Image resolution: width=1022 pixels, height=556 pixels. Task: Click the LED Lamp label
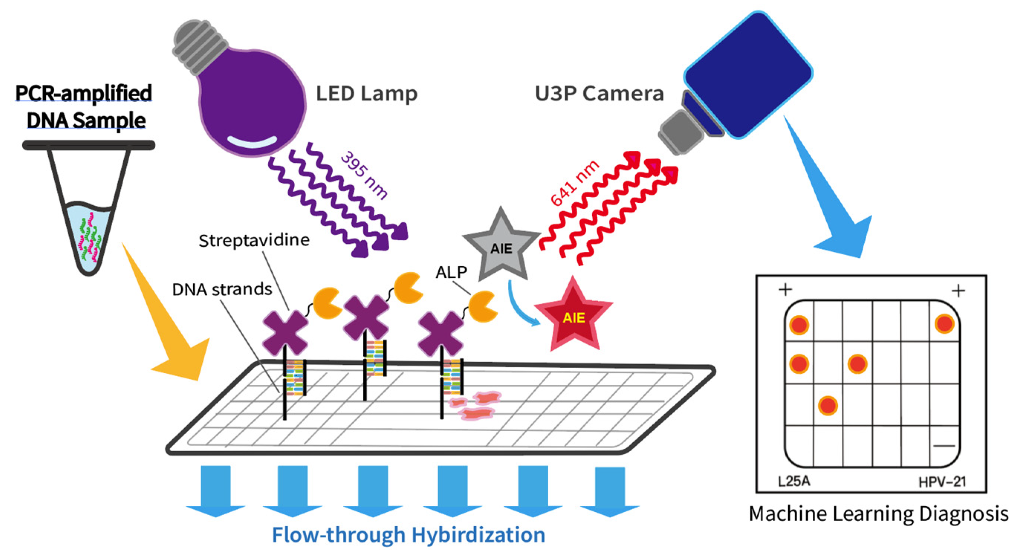pos(366,94)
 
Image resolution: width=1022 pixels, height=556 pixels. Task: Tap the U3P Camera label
pos(599,94)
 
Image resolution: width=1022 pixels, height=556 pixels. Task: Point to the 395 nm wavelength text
pos(363,175)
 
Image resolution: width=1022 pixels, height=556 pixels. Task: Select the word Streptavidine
pos(254,240)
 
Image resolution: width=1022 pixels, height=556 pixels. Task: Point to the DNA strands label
pos(222,289)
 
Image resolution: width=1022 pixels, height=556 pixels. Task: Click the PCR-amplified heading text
pos(84,93)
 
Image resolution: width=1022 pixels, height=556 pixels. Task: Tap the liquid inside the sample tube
pos(89,234)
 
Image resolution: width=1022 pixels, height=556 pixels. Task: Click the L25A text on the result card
pos(794,481)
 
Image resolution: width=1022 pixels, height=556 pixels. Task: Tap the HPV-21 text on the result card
pos(942,482)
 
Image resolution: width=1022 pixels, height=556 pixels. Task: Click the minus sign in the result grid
pos(944,446)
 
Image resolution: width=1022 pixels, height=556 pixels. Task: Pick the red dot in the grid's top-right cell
pos(944,324)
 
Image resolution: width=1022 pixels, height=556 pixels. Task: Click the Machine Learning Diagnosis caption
pos(878,514)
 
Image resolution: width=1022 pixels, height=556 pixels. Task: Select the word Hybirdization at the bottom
pos(478,534)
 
